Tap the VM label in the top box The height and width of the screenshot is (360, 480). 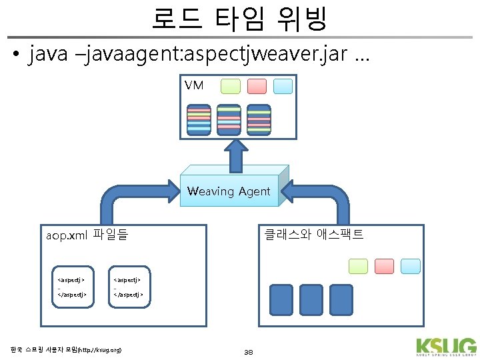point(194,85)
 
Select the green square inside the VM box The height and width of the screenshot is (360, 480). point(230,86)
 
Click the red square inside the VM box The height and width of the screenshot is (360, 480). point(257,86)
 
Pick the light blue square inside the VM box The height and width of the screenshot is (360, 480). point(283,86)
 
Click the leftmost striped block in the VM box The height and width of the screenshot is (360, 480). point(198,120)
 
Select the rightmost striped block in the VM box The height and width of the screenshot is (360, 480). point(259,120)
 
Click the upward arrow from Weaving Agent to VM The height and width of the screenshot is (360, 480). point(235,158)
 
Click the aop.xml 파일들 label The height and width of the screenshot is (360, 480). point(87,235)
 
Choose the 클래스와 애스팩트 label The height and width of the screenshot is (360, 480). point(313,234)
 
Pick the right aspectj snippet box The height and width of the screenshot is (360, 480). point(129,283)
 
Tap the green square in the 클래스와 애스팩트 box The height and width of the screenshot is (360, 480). point(358,266)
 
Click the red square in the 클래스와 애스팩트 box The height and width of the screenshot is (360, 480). point(384,266)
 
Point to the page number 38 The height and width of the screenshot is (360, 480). point(249,352)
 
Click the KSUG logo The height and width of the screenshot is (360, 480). point(445,346)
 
